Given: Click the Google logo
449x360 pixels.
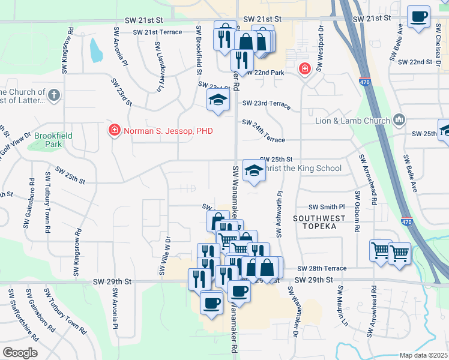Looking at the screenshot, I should [x=20, y=353].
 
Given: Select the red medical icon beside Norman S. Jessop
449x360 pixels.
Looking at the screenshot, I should [x=114, y=130].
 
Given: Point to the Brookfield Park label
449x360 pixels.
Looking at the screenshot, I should [x=53, y=140].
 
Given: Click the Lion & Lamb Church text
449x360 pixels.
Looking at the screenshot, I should [x=353, y=121].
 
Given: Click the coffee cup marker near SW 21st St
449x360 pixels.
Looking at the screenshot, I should [x=418, y=16].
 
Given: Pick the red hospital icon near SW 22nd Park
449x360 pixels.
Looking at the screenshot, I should [x=305, y=69].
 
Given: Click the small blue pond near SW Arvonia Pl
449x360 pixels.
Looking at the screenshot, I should [x=95, y=50].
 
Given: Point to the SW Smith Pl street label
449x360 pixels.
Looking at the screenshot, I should [x=327, y=206].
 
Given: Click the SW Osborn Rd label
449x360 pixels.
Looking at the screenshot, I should [x=357, y=212].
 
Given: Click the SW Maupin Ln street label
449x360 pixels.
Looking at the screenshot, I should [x=342, y=305].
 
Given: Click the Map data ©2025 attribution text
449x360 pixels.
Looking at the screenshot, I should [x=423, y=355].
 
